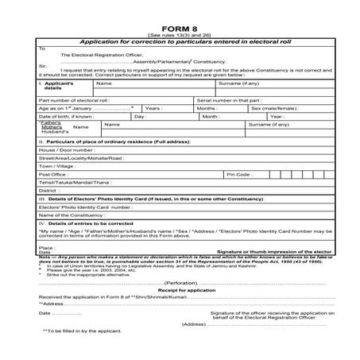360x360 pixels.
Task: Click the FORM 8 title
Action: click(179, 27)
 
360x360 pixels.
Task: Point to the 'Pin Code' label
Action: click(239, 174)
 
